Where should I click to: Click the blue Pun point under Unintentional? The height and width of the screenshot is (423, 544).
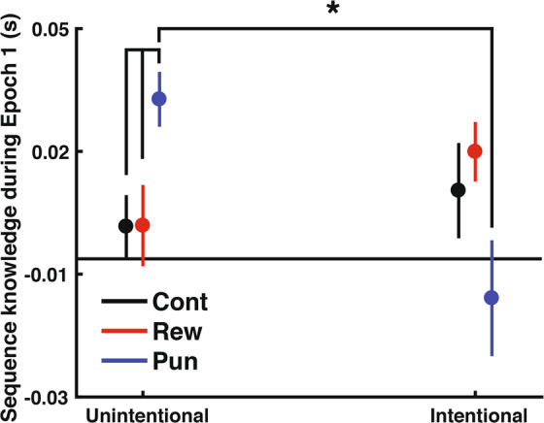coord(159,99)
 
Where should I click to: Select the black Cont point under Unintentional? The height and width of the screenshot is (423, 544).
coord(125,226)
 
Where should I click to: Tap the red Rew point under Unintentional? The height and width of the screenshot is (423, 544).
coord(143,225)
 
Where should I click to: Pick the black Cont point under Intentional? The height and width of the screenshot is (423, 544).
coord(459,190)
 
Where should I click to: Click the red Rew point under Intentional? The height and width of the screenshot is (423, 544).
coord(475,151)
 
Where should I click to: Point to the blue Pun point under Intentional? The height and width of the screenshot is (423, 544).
coord(492,298)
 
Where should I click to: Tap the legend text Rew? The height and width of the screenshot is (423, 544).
coord(176,332)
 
